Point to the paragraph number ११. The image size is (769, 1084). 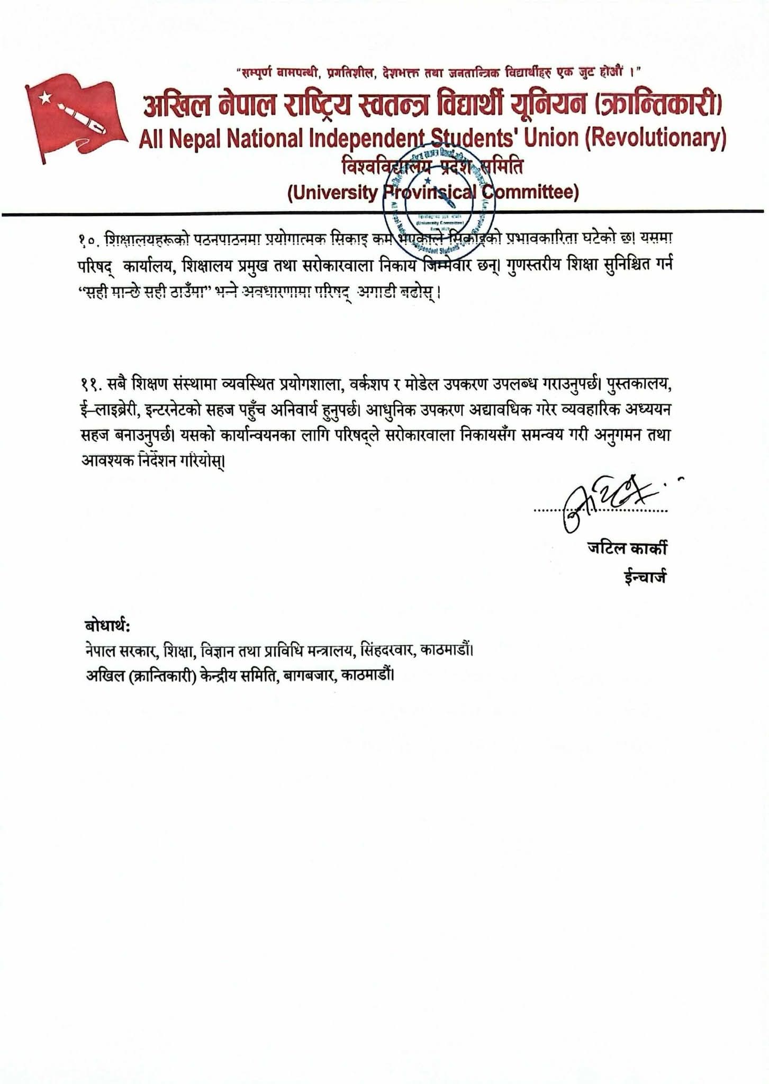[91, 385]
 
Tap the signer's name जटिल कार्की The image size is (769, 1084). [627, 548]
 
